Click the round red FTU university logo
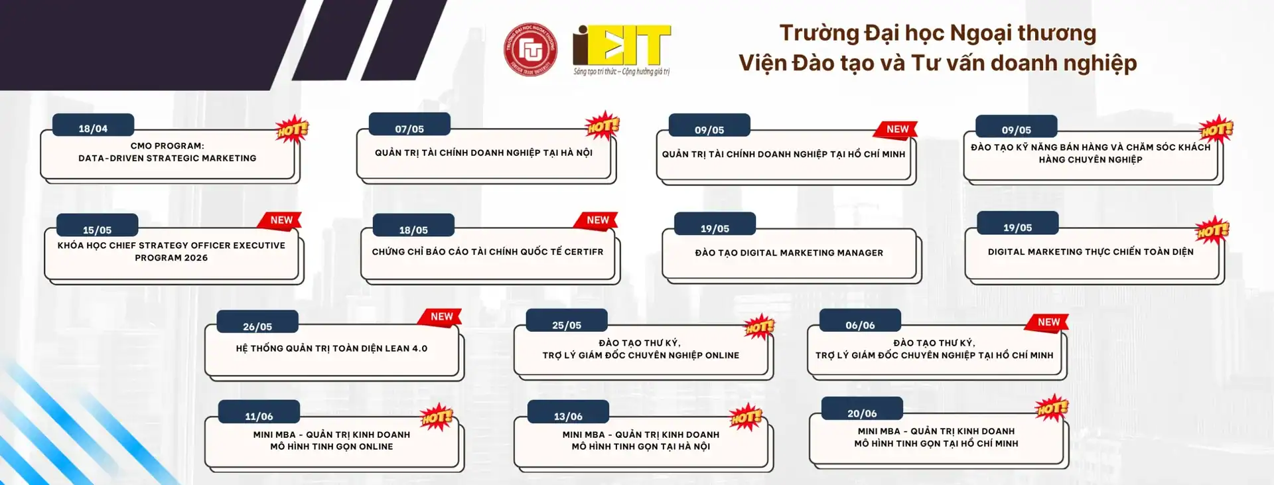(530, 50)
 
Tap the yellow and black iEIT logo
(622, 44)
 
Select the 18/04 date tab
(94, 125)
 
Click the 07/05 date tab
(409, 125)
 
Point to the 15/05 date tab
(98, 226)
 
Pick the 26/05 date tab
(257, 323)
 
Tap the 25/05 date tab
(567, 322)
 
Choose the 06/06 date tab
(860, 322)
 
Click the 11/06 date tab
(259, 413)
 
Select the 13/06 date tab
(568, 413)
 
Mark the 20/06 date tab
(862, 409)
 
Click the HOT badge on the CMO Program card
(293, 129)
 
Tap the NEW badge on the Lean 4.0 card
(441, 317)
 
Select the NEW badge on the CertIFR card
(597, 220)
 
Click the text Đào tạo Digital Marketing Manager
(789, 253)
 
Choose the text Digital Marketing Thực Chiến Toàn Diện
(1090, 251)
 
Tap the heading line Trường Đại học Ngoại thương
(938, 33)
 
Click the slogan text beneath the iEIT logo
(622, 72)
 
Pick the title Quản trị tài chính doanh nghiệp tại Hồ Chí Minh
(784, 154)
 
